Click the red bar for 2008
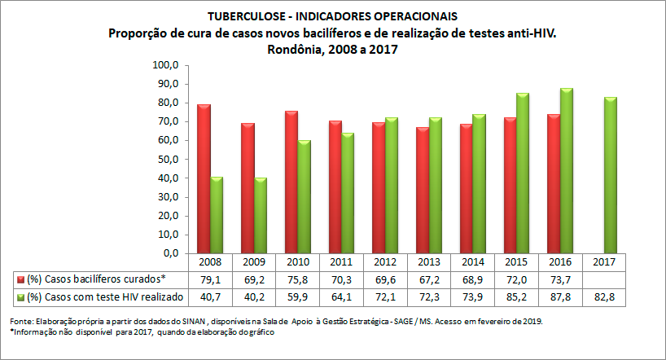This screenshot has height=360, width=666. [x=204, y=178]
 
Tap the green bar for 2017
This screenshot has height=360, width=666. [x=611, y=175]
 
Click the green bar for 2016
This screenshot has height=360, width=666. [x=567, y=170]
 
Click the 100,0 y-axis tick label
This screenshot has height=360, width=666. [x=165, y=65]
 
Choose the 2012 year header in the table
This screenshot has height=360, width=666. [x=386, y=262]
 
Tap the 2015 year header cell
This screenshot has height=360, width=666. [x=517, y=262]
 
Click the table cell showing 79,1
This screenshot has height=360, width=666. [x=211, y=279]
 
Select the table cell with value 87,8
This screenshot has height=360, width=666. [x=561, y=296]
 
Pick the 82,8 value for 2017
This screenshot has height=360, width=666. [x=604, y=296]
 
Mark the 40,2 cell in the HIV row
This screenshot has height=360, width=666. [x=255, y=296]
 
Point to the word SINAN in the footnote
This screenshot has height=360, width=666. [x=178, y=321]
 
